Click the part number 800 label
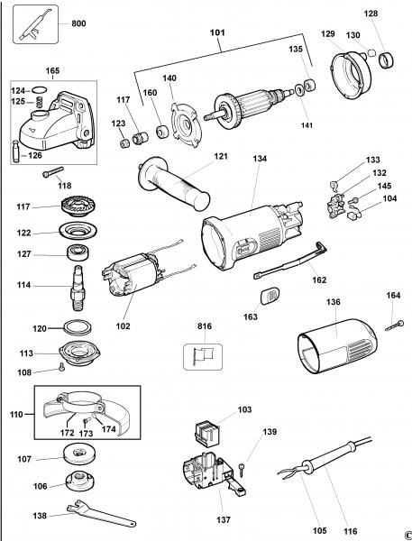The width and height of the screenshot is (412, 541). coord(78,23)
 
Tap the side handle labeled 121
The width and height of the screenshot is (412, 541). coord(174,183)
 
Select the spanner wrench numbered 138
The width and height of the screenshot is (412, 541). coord(101,513)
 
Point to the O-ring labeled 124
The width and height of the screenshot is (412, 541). coord(40,90)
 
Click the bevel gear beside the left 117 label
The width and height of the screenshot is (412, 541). coord(78,206)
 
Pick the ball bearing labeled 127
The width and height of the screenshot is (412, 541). coord(78,252)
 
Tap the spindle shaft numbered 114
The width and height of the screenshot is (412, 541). coord(78,288)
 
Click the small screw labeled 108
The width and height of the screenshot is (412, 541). coord(62,367)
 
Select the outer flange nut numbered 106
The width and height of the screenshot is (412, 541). coord(79,481)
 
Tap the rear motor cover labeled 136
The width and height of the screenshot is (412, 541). coord(337,346)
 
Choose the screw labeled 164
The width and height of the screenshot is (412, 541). coord(394,326)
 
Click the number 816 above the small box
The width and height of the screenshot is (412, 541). coord(205,326)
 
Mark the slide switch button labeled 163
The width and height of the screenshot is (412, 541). coord(270,297)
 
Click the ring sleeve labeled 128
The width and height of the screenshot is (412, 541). coord(386,60)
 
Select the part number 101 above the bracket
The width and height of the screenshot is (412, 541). coord(217,32)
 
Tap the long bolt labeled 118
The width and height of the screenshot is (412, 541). coord(53,172)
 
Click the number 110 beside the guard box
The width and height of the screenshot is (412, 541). coord(16,414)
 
